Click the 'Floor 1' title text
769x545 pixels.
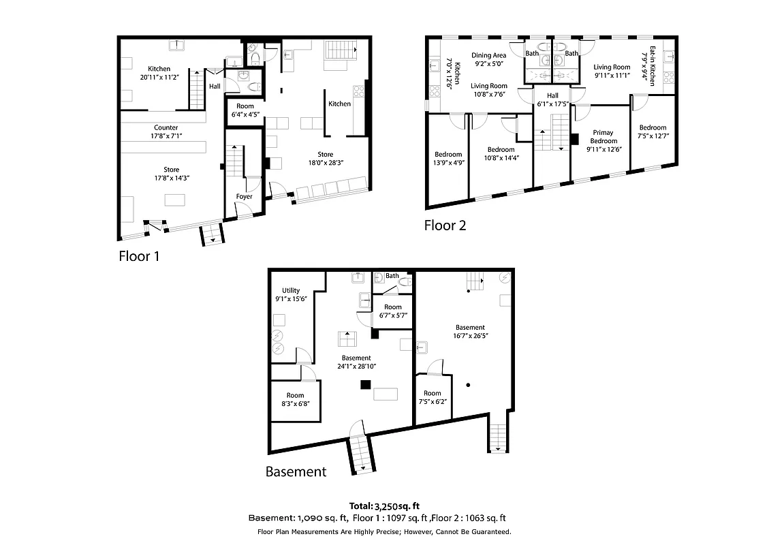(x=138, y=256)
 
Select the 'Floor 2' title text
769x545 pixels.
(x=445, y=225)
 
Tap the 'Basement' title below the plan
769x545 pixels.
(x=296, y=471)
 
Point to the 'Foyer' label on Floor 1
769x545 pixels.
(x=244, y=197)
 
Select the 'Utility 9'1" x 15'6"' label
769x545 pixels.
(x=291, y=294)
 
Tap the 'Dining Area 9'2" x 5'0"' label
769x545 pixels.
(x=489, y=60)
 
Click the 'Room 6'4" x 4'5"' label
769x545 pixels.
(x=245, y=110)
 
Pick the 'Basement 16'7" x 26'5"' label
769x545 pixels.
(x=470, y=332)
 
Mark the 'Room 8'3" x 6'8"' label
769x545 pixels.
(x=295, y=399)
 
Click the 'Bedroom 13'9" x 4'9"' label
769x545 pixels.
(x=448, y=159)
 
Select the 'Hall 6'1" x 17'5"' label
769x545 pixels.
(x=552, y=100)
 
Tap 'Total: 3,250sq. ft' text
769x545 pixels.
(x=384, y=506)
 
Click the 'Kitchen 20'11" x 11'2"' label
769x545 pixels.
(x=159, y=73)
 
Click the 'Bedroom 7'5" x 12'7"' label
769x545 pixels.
(x=653, y=132)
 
